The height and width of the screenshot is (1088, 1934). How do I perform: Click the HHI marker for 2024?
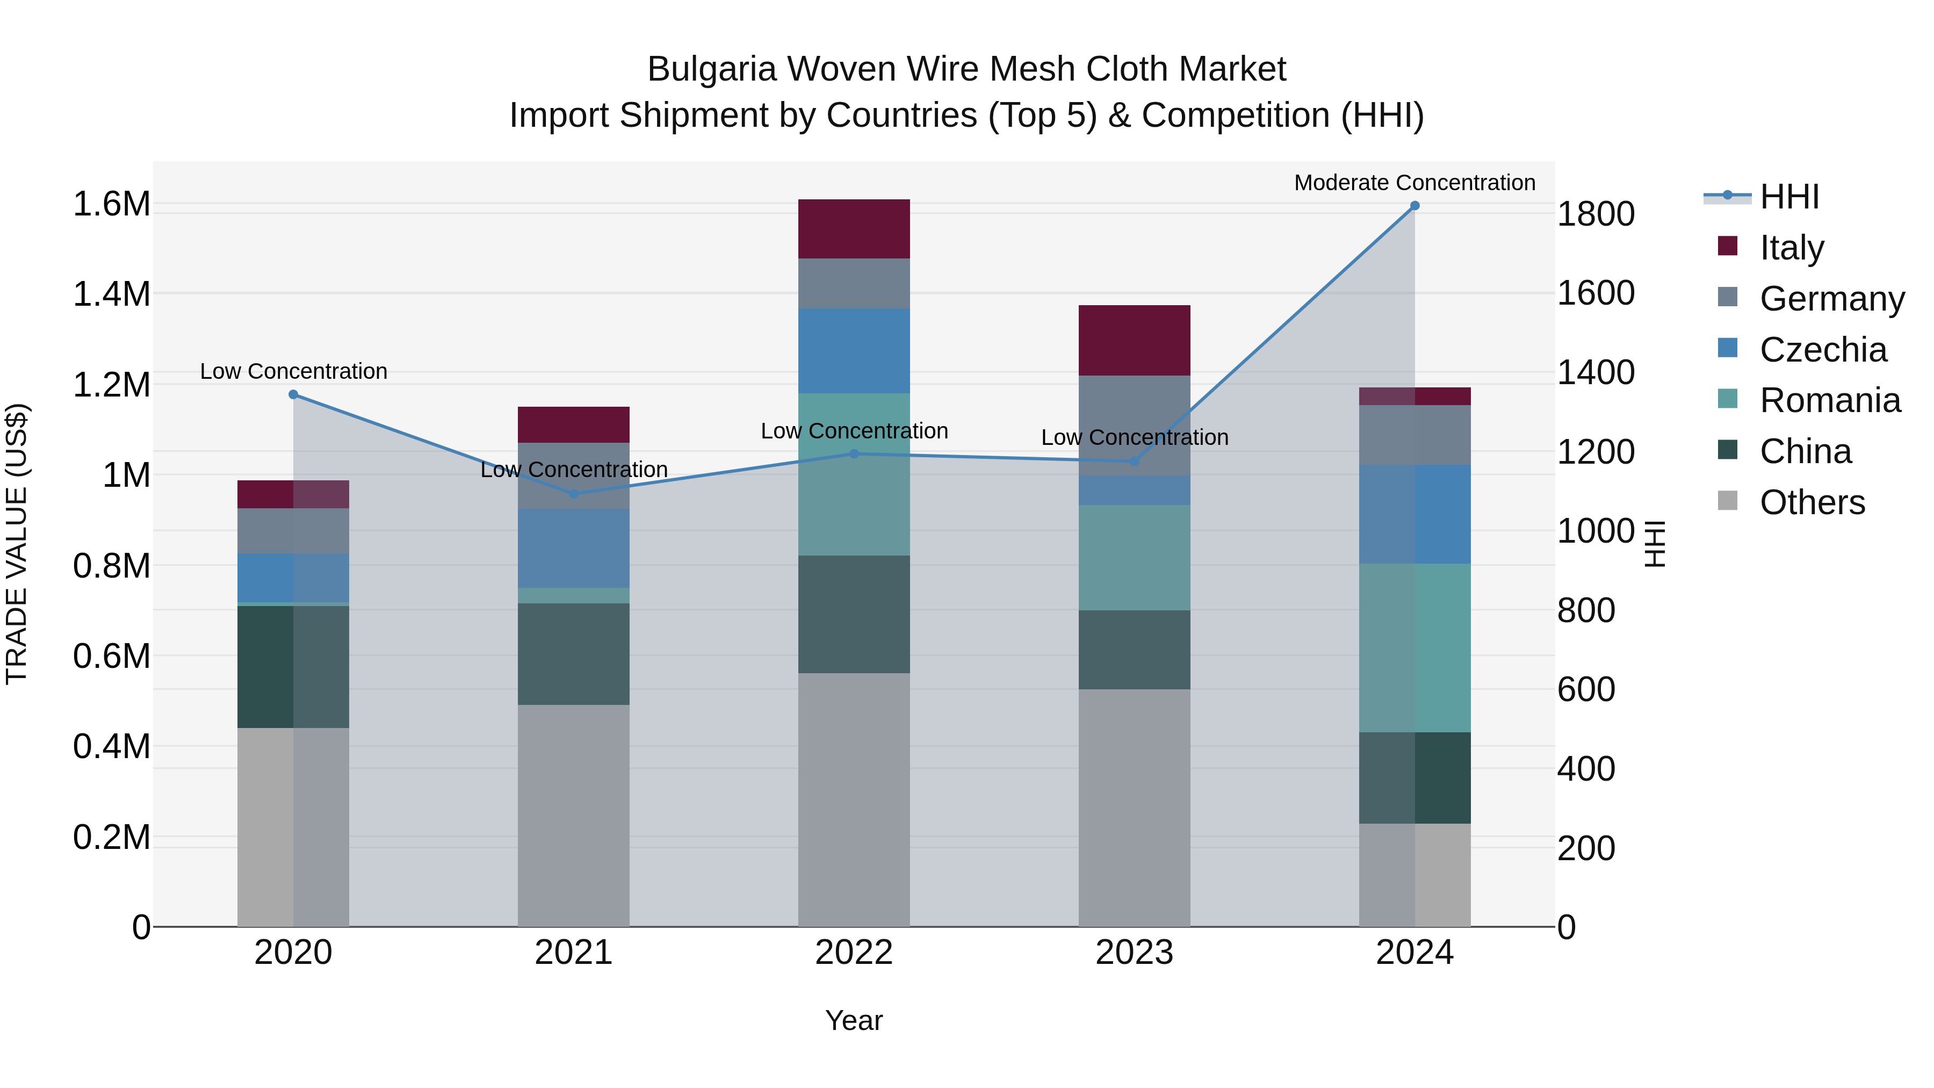[1415, 206]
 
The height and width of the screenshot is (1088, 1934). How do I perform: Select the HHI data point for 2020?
[293, 395]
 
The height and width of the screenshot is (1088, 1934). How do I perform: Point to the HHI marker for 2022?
[854, 453]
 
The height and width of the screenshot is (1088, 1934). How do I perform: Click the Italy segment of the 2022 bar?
[854, 229]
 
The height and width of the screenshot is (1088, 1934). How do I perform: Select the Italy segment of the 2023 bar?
[1135, 340]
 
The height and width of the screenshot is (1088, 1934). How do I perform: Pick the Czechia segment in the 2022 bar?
[854, 351]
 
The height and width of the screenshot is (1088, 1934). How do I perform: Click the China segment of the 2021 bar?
[574, 653]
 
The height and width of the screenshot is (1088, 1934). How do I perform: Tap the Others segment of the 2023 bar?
[1135, 807]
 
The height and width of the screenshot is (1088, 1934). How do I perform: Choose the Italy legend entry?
[1791, 248]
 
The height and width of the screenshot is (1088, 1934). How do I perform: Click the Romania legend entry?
[1830, 400]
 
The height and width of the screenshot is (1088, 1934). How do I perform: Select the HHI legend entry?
[1789, 197]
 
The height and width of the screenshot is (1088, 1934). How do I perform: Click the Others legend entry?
[1812, 502]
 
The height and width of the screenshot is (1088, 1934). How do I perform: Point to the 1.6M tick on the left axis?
[111, 204]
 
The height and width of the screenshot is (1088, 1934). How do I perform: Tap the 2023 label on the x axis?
[1135, 953]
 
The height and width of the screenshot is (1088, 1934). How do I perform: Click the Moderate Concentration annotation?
[1415, 183]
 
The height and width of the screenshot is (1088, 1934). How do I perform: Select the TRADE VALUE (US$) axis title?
[17, 544]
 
